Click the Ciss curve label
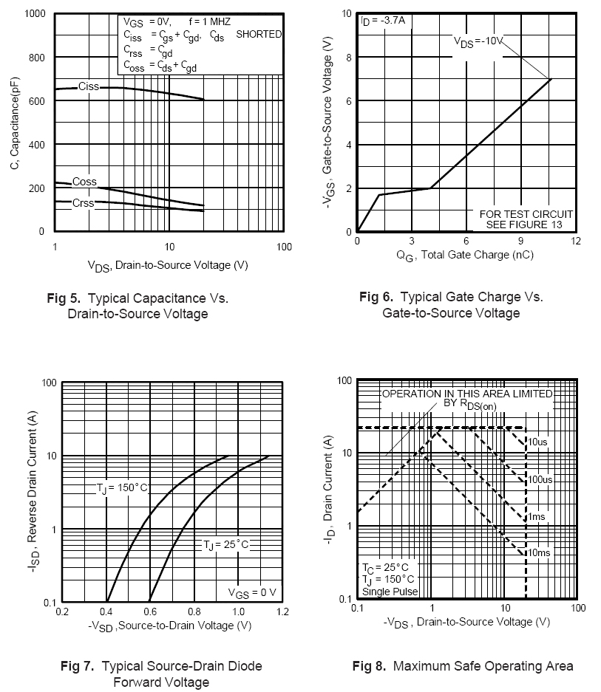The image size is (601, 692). (89, 87)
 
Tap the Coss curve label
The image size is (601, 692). (84, 182)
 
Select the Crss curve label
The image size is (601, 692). (84, 202)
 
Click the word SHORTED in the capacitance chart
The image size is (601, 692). (259, 34)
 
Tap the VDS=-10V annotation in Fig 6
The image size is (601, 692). (478, 41)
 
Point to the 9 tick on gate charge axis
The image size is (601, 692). (520, 241)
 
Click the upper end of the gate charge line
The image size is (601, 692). (551, 79)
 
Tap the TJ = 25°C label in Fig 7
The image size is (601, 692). (226, 544)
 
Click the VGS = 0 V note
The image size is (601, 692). (251, 592)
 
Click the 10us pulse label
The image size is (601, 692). (537, 442)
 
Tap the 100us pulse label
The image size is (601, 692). (540, 479)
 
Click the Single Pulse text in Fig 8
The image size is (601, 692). (390, 591)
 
